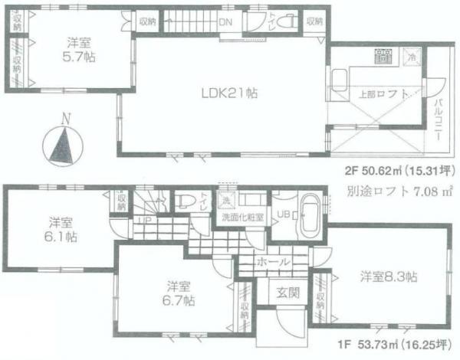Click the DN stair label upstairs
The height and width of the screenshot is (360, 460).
225,21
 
